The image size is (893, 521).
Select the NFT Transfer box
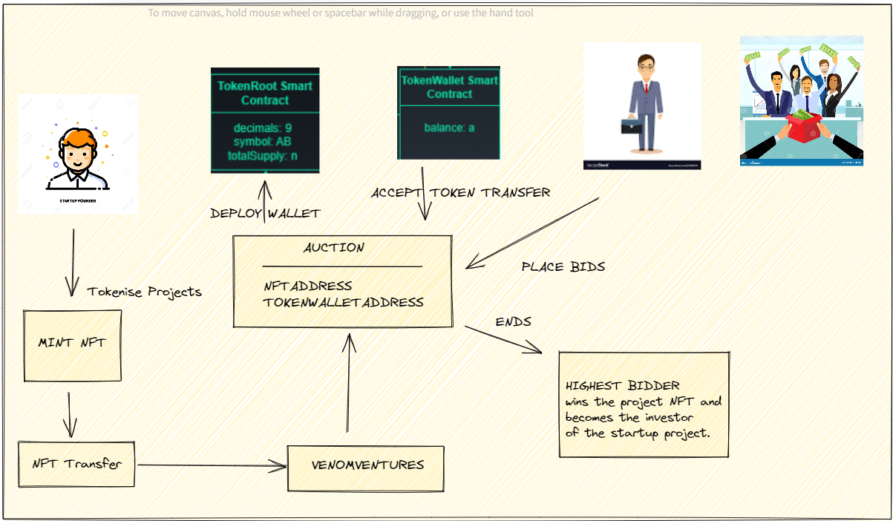tap(76, 464)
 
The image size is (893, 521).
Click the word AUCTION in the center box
tap(334, 248)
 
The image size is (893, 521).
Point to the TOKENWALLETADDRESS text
tap(344, 302)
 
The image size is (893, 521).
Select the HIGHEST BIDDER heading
tap(622, 386)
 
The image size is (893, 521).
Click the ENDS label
tap(513, 322)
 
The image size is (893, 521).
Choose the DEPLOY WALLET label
tap(265, 214)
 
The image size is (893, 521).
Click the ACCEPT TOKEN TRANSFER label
tap(461, 193)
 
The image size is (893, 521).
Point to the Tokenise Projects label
tap(144, 291)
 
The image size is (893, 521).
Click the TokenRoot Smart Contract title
tap(265, 93)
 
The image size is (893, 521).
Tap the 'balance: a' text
tap(449, 128)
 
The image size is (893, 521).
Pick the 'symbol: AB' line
tap(265, 142)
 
